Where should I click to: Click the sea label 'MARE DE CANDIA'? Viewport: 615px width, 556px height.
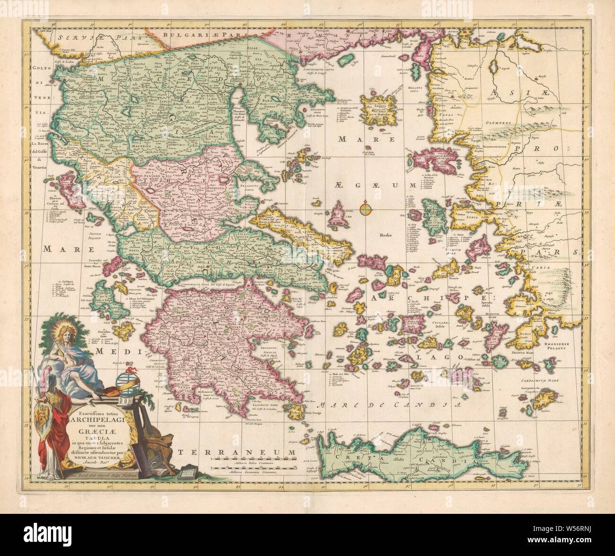pos(388,404)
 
